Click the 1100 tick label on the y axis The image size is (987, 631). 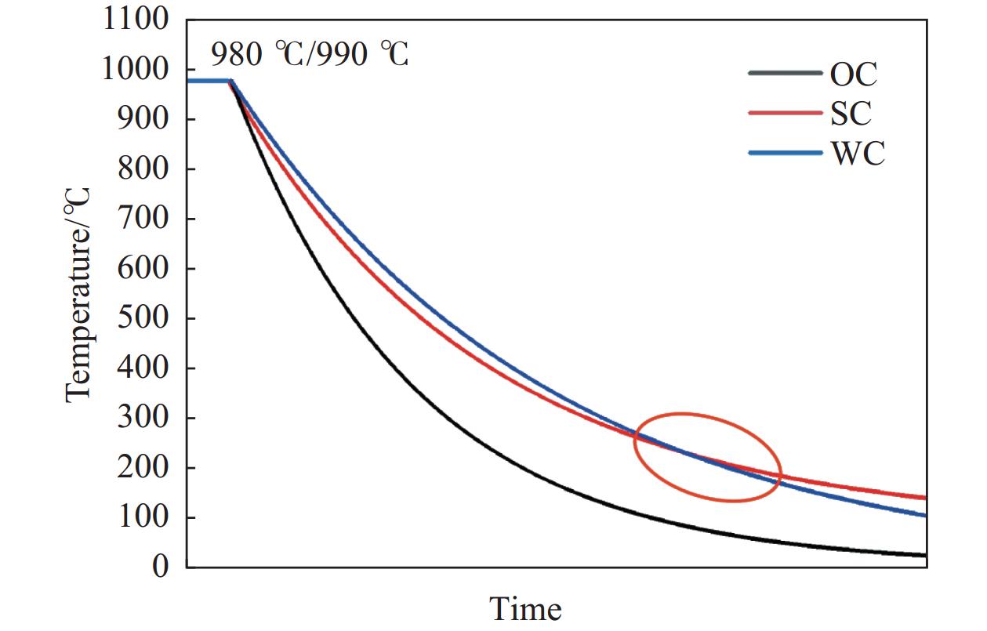click(x=136, y=20)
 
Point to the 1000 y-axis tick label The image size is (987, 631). click(x=135, y=70)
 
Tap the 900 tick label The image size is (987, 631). click(x=143, y=119)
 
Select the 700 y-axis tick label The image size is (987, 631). click(x=143, y=219)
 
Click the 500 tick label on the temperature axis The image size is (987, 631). click(x=143, y=318)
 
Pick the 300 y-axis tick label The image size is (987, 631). click(x=143, y=418)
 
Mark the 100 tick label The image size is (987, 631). click(x=143, y=517)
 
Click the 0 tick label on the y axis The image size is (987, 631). click(x=161, y=567)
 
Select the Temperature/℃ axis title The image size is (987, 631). click(x=78, y=296)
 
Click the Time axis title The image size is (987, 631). click(x=526, y=609)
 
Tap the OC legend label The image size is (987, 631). click(x=854, y=74)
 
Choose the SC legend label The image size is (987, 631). click(x=851, y=113)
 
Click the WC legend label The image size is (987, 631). click(x=858, y=154)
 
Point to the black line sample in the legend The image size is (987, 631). click(x=786, y=73)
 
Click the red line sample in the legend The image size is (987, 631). click(x=786, y=113)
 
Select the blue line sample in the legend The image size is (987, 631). click(x=786, y=153)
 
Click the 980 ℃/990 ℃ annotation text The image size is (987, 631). click(x=310, y=54)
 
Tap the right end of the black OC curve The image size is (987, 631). click(x=926, y=555)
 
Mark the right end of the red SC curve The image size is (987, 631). click(x=926, y=498)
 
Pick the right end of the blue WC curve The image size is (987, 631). click(x=926, y=515)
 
